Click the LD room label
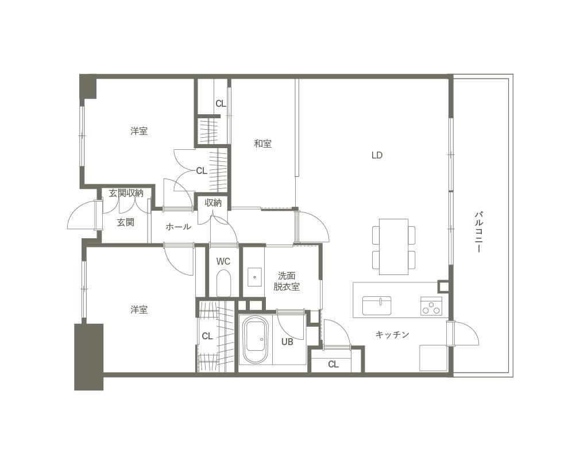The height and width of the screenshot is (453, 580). (377, 156)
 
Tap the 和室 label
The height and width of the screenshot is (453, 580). (262, 144)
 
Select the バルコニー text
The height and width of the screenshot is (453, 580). (480, 232)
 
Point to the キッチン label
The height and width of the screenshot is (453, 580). (392, 335)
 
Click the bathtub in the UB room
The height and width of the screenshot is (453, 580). (255, 340)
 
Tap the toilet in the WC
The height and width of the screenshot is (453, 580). (223, 283)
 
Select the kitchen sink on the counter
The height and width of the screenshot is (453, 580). (377, 305)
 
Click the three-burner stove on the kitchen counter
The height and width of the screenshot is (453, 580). (431, 306)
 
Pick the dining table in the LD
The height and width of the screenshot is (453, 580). (393, 247)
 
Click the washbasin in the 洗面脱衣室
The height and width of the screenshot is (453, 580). (254, 277)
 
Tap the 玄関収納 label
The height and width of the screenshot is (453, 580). (126, 193)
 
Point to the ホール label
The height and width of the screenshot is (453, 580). (178, 227)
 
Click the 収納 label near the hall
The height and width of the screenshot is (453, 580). (213, 203)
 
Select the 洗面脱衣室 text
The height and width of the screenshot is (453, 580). (287, 281)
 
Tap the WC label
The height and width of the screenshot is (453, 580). (223, 262)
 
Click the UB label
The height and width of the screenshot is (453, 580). (287, 342)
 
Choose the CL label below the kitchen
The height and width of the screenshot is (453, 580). (333, 364)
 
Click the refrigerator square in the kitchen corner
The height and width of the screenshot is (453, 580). (433, 358)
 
